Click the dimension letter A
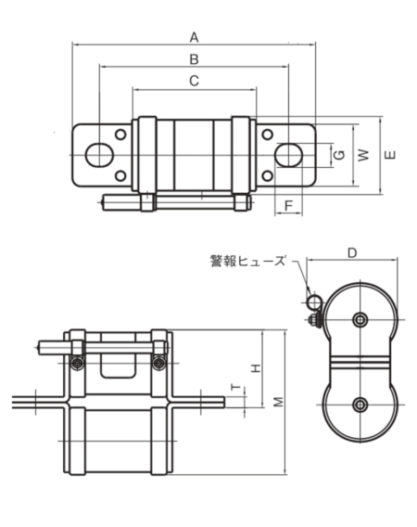click(x=194, y=37)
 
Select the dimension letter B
click(x=194, y=59)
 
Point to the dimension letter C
click(x=194, y=82)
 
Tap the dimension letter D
click(x=352, y=252)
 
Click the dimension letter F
click(x=289, y=204)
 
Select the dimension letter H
click(x=257, y=367)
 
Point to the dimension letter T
click(x=234, y=390)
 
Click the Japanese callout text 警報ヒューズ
click(x=248, y=261)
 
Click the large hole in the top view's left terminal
click(x=95, y=155)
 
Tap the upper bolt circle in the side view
click(x=360, y=320)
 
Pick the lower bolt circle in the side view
click(x=360, y=404)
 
